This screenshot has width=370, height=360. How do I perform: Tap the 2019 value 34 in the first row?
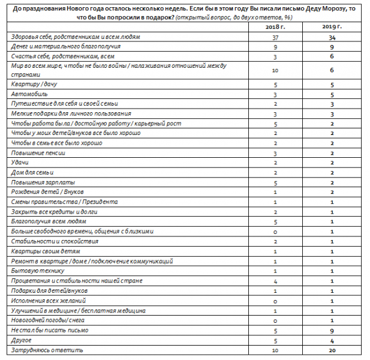[x=330, y=38]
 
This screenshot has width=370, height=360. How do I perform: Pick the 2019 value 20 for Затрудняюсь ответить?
[x=330, y=349]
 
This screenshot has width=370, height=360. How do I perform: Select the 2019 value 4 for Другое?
[x=330, y=340]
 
